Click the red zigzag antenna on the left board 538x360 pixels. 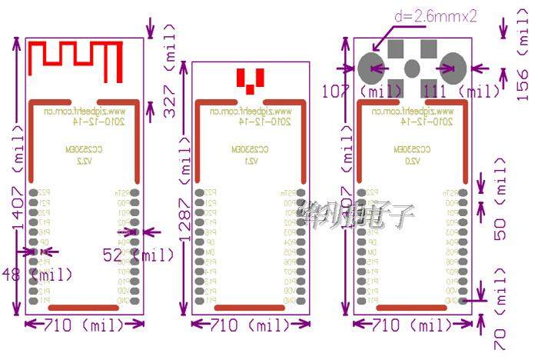coord(76,62)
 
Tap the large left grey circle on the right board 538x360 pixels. coord(371,66)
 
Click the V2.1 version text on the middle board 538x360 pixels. coord(249,161)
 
